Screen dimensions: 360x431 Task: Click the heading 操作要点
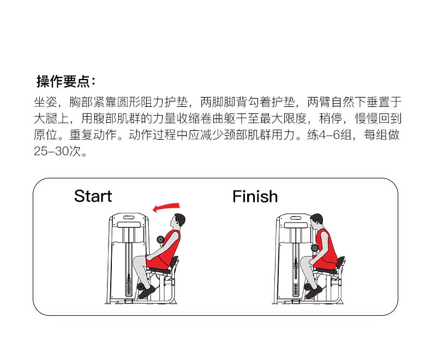click(x=65, y=82)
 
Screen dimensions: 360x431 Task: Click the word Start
click(x=93, y=196)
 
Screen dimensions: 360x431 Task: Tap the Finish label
click(x=255, y=196)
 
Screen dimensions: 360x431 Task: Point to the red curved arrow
click(x=166, y=207)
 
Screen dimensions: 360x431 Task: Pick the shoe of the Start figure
click(x=146, y=292)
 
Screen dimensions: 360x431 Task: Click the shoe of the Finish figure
click(x=313, y=292)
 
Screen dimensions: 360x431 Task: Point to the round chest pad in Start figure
click(x=160, y=239)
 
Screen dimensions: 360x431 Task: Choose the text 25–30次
click(x=60, y=151)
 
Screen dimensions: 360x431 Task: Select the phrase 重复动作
click(x=99, y=135)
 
